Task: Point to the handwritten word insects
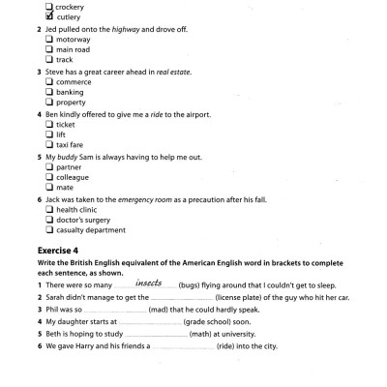pyautogui.click(x=147, y=283)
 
